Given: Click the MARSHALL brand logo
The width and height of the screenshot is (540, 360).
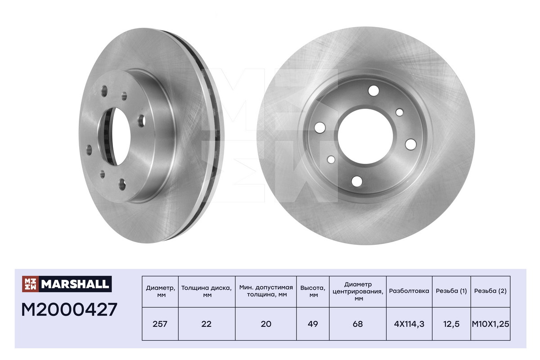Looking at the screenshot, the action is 67,284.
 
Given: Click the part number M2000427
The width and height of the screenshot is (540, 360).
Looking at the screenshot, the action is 69,310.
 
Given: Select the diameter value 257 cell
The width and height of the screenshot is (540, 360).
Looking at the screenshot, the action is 160,324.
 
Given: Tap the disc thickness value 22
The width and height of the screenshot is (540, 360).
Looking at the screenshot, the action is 207,324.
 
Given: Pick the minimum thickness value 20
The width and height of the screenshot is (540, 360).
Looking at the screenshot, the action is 266,324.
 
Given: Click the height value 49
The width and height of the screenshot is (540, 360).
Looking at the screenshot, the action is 313,324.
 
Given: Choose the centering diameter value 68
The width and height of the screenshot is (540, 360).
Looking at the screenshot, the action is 358,324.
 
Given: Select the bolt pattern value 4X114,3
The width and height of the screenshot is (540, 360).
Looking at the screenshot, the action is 409,324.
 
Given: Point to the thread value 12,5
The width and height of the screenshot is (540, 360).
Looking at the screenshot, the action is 451,324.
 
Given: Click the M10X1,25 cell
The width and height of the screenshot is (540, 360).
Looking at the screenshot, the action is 490,324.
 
